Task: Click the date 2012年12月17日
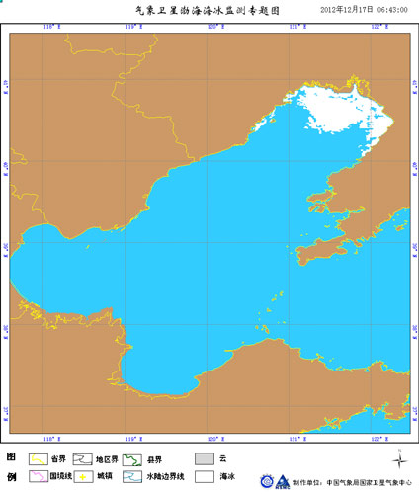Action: click(x=345, y=9)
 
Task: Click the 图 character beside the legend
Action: click(x=11, y=457)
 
